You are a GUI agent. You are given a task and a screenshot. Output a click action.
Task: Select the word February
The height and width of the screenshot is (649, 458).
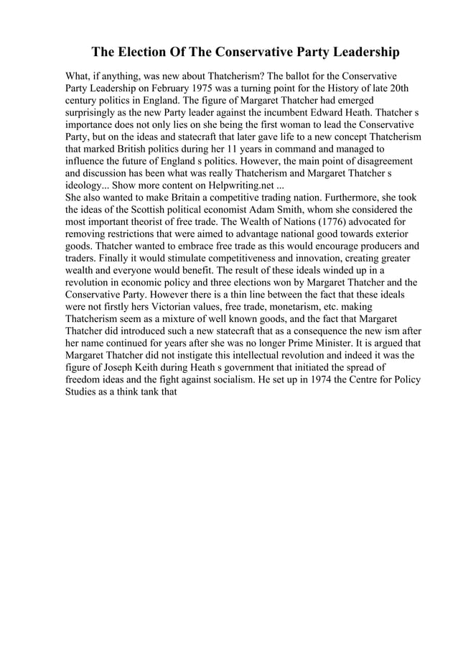coord(154,88)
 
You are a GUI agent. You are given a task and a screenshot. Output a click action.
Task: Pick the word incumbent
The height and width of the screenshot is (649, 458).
coord(298,113)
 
